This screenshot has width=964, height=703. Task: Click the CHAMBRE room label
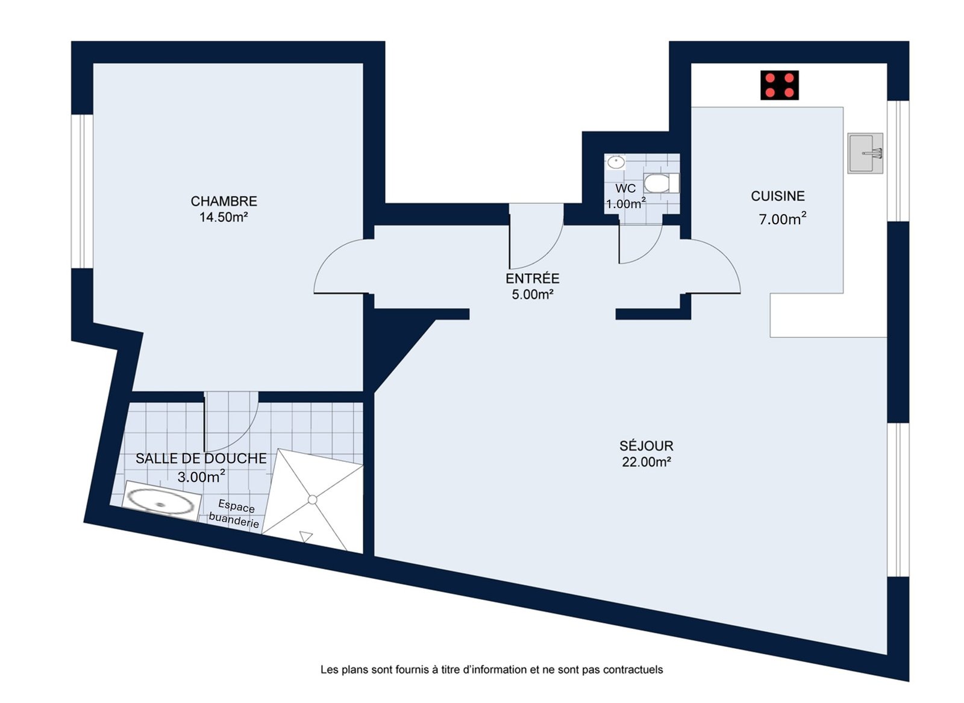[x=224, y=201]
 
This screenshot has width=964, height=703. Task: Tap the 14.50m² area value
[x=224, y=217]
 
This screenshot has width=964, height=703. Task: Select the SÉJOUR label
[x=646, y=445]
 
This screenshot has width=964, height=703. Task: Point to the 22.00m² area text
[x=646, y=462]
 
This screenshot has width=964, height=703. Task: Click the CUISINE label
[x=778, y=196]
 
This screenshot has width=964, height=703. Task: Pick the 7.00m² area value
[x=783, y=219]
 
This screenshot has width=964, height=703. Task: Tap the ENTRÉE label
[x=533, y=279]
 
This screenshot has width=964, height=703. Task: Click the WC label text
[x=625, y=189]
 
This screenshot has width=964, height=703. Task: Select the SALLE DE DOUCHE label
[x=201, y=458]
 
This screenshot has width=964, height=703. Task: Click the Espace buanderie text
[x=235, y=514]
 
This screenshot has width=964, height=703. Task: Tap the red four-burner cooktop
[x=780, y=85]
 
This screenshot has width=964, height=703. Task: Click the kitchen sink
[x=865, y=153]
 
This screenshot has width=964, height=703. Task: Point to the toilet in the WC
[x=661, y=183]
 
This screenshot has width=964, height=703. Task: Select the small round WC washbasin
[x=616, y=162]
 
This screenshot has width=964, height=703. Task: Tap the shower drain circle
[x=313, y=500]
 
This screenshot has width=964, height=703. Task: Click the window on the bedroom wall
[x=82, y=191]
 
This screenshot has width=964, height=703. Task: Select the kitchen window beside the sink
[x=898, y=161]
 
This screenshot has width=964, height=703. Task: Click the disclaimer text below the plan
[x=492, y=669]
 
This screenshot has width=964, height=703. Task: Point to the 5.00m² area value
[x=533, y=295]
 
